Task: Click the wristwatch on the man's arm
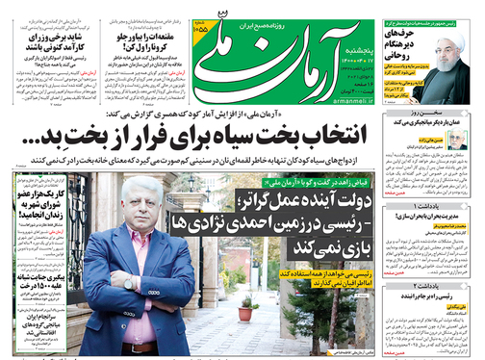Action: point(130,282)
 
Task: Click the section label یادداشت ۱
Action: point(451,179)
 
